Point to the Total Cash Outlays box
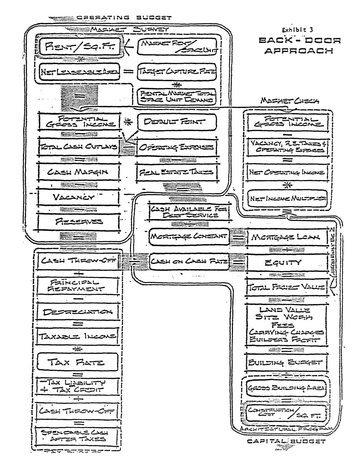pos(79,147)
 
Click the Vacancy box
pos(79,197)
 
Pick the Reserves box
pos(79,221)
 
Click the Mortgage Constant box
pos(188,237)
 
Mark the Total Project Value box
pos(287,288)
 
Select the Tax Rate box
pos(78,362)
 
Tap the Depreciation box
pos(78,312)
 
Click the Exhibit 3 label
pos(297,30)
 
